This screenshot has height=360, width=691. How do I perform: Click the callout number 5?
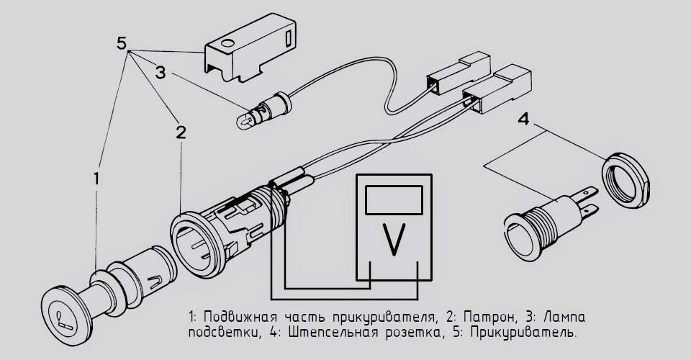tap(123, 43)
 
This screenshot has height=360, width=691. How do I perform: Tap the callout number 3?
tap(161, 72)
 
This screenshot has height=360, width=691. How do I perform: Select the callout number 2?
tap(181, 132)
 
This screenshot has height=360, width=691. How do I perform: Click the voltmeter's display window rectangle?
tap(393, 199)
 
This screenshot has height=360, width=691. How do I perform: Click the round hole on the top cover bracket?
tap(225, 44)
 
